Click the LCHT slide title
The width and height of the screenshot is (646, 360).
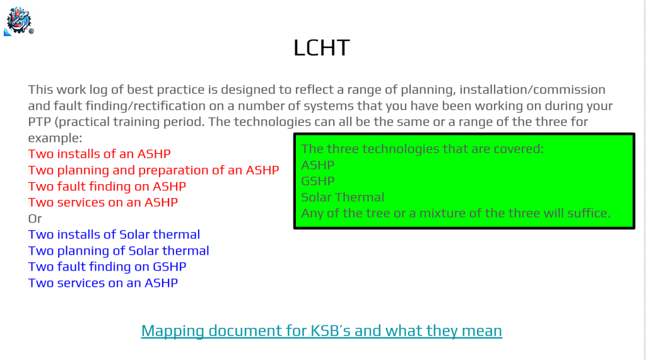[322, 48]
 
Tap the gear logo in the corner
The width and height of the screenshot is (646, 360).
[19, 21]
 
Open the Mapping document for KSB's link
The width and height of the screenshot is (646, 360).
[321, 331]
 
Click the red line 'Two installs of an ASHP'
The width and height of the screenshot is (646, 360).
[99, 154]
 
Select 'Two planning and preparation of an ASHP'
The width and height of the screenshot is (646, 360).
[154, 170]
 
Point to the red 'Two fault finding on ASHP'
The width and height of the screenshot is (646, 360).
[107, 186]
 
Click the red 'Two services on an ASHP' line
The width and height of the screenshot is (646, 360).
[103, 202]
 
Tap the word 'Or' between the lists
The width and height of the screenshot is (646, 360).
[35, 218]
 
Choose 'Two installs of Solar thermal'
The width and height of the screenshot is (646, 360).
[114, 235]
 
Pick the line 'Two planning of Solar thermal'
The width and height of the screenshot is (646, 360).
[119, 251]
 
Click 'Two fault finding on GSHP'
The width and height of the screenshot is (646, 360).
[107, 267]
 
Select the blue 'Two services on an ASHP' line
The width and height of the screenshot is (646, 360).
[103, 283]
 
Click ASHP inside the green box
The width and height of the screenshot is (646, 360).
[318, 165]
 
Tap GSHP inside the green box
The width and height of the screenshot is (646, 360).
[318, 181]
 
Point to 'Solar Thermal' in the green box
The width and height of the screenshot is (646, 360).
[343, 197]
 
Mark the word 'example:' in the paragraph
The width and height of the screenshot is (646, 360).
[56, 138]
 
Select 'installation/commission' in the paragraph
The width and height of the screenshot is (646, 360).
[532, 90]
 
